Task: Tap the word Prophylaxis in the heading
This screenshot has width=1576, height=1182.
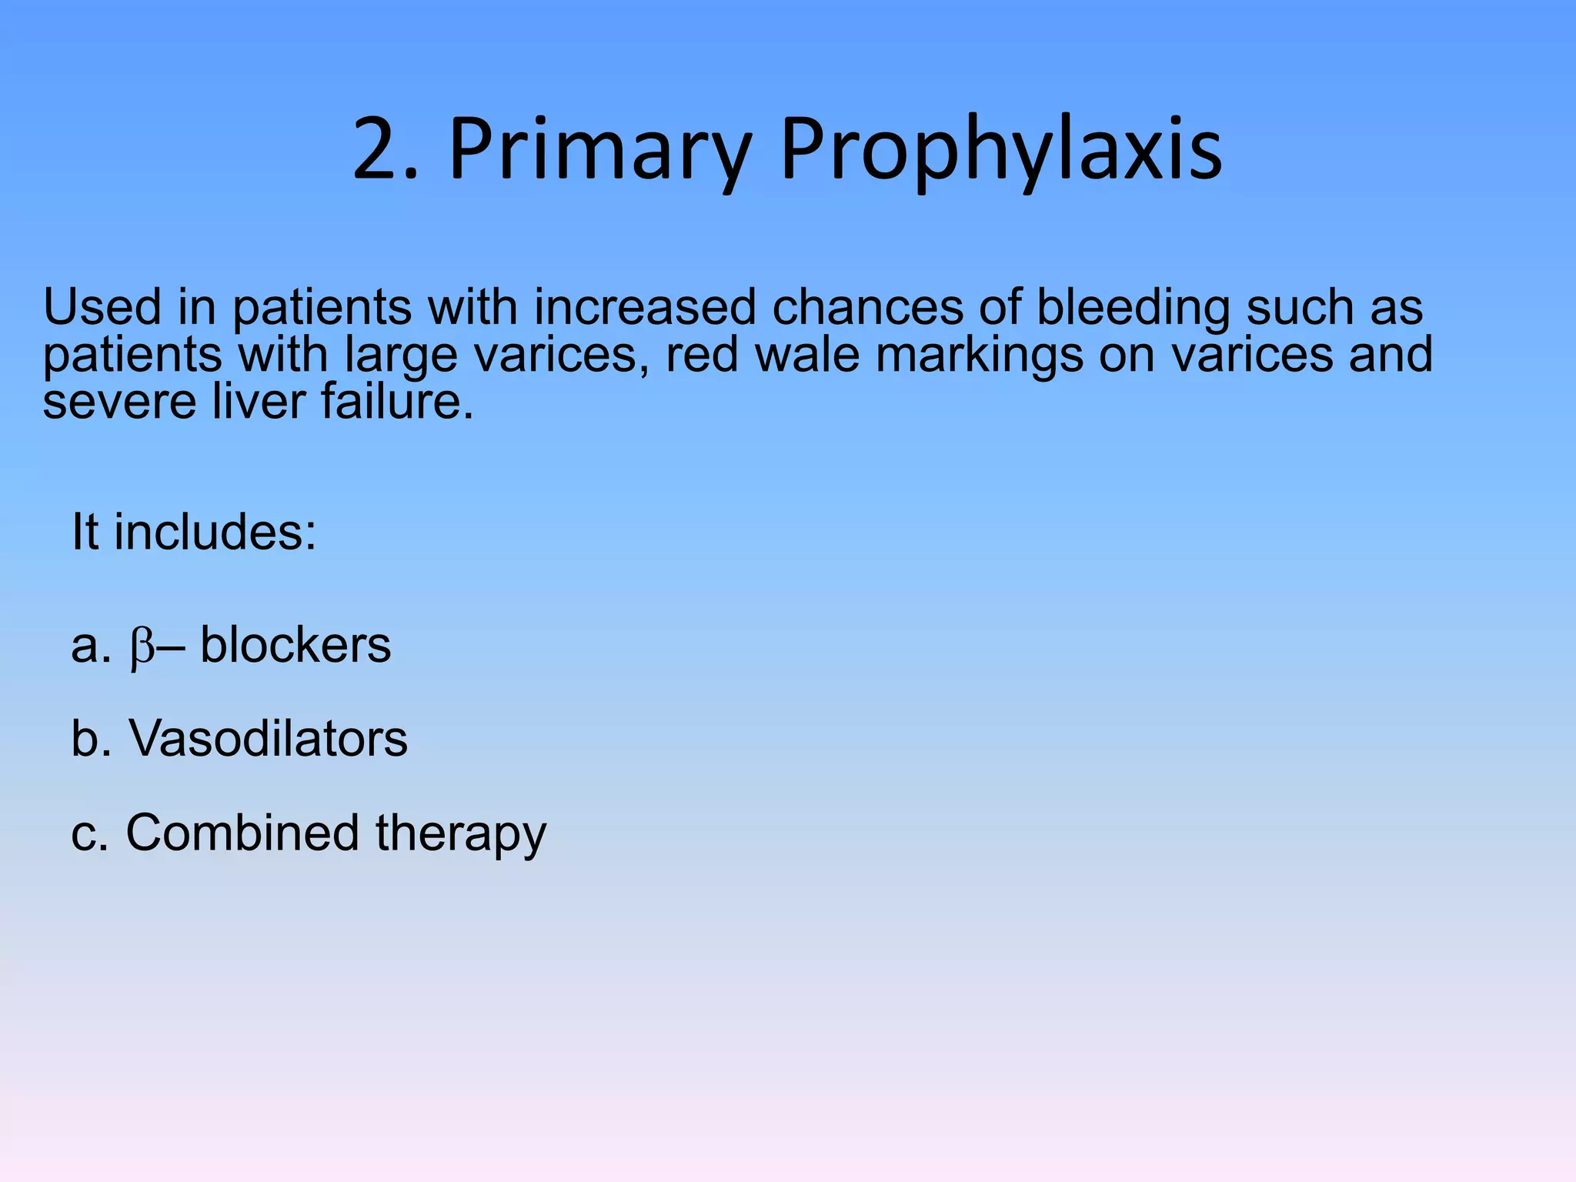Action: [1000, 150]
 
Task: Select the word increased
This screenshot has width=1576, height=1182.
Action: [645, 308]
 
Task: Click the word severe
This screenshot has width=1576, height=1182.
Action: [119, 402]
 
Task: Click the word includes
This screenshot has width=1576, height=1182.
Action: [215, 532]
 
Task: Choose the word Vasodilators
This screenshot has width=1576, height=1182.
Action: [268, 739]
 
